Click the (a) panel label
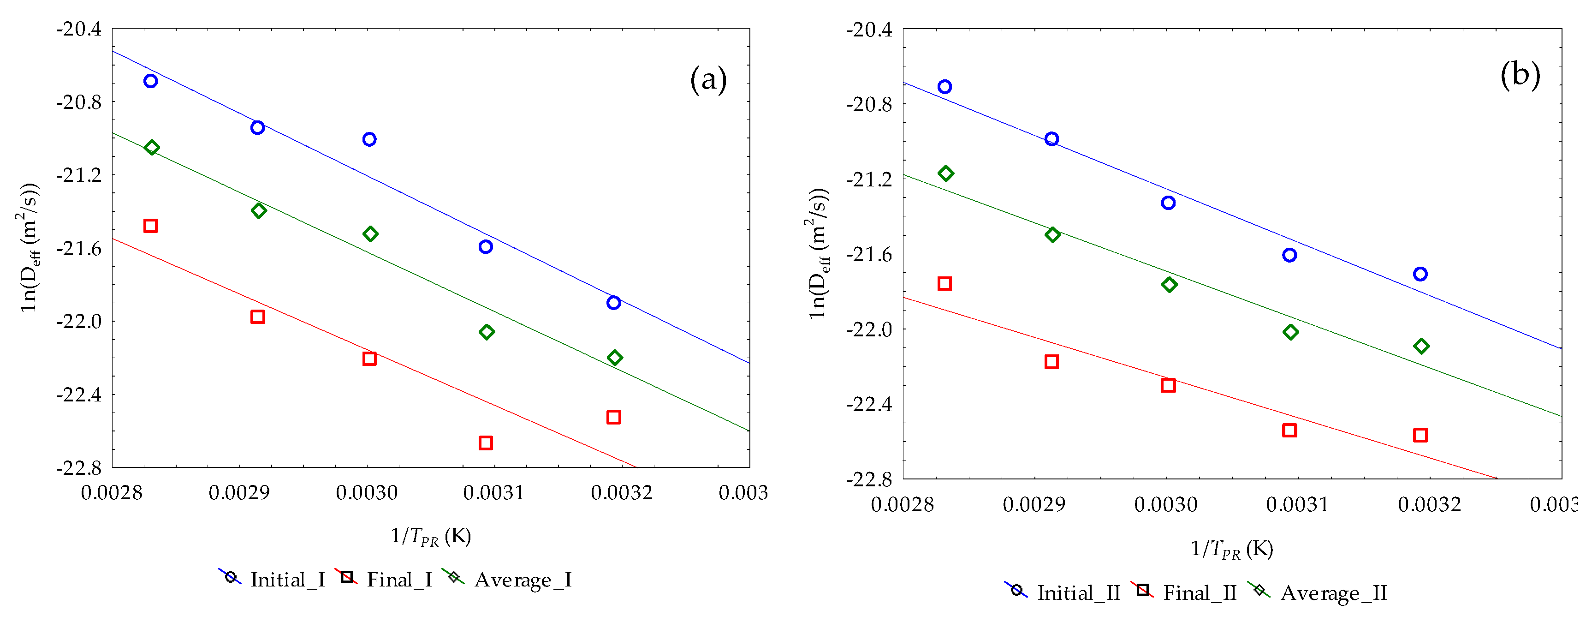pos(708,81)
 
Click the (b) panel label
pos(1520,74)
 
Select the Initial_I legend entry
pos(272,580)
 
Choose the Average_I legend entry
pos(507,580)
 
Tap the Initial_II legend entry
pos(1063,592)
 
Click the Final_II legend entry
pos(1183,592)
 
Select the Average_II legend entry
pos(1318,592)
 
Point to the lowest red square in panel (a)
pos(486,443)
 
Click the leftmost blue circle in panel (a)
pos(150,81)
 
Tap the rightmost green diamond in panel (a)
pos(614,358)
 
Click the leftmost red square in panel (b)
pos(944,283)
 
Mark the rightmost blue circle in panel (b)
pos(1420,274)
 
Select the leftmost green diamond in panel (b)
pos(946,173)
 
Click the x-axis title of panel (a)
pos(431,536)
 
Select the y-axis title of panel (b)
pos(818,252)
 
